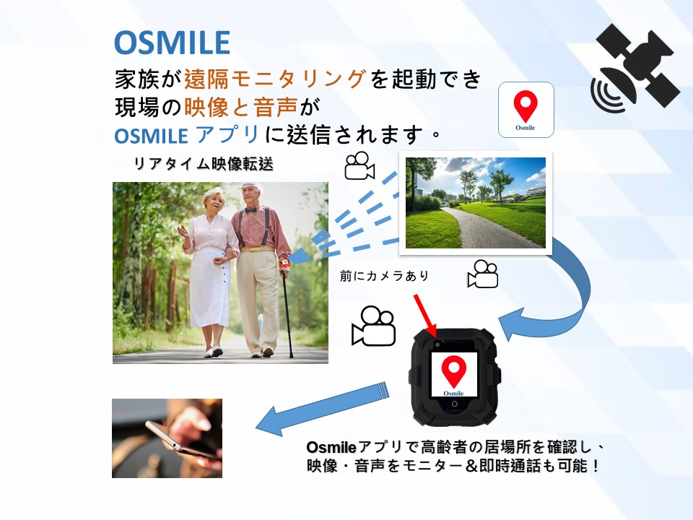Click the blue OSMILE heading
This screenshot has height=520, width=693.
[x=172, y=43]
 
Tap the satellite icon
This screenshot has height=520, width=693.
[x=635, y=68]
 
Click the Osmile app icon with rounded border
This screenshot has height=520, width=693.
[x=526, y=110]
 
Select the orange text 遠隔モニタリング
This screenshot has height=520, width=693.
[x=275, y=79]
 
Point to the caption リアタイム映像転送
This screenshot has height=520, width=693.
[x=204, y=165]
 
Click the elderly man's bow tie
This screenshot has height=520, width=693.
[x=250, y=209]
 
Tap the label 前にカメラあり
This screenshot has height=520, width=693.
[x=385, y=276]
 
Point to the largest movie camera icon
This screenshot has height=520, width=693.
[x=373, y=326]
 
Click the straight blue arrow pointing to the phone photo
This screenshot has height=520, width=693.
[x=323, y=409]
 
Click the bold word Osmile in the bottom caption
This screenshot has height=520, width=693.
[x=331, y=448]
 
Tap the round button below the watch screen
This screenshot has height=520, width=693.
[x=454, y=404]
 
